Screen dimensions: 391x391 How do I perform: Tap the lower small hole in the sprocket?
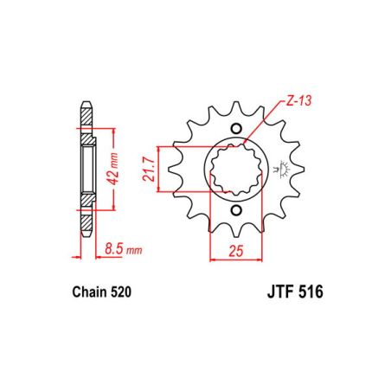(x=237, y=210)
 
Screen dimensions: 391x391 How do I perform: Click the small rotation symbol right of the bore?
(x=279, y=170)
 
